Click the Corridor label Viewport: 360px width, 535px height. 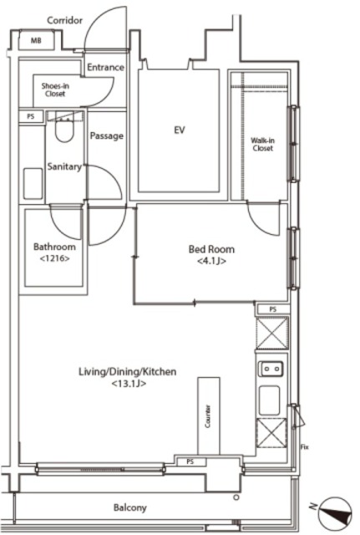point(65,20)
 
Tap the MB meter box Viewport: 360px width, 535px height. point(36,41)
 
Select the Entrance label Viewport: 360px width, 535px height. point(105,67)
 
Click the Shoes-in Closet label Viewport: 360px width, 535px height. point(55,89)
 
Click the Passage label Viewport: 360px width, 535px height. point(106,136)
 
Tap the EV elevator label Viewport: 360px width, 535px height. point(180,130)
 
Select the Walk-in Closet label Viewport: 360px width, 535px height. point(263,145)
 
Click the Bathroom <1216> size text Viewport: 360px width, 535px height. point(55,258)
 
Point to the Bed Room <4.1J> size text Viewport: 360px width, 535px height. point(211,262)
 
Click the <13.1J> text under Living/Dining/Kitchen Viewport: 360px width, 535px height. point(129,384)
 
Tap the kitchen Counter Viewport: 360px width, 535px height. point(209,416)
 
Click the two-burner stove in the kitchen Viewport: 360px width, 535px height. point(271,369)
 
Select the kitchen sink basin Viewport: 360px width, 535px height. point(269,400)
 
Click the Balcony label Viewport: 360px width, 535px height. point(130,507)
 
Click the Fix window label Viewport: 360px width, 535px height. point(304,446)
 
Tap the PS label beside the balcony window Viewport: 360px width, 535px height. point(190,461)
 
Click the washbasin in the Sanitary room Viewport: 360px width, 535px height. point(33,183)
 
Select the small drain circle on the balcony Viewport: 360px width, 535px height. point(236,497)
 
